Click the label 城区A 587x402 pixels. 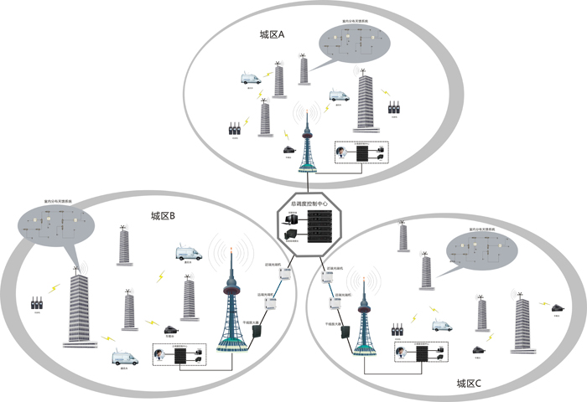[x=273, y=35]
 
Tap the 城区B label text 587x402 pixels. [x=163, y=216]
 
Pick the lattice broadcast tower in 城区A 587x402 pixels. [x=308, y=147]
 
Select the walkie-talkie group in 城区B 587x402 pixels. [x=36, y=303]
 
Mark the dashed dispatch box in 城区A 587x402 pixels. [x=361, y=153]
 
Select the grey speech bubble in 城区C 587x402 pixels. [x=480, y=250]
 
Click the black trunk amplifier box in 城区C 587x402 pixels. [x=344, y=333]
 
